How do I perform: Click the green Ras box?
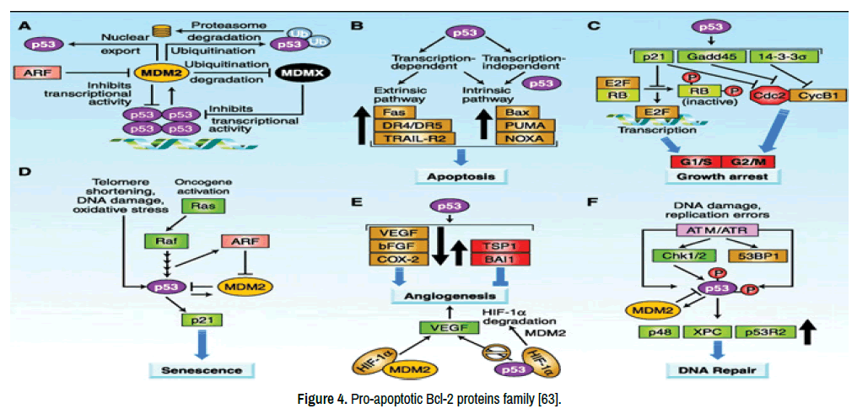(196, 205)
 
